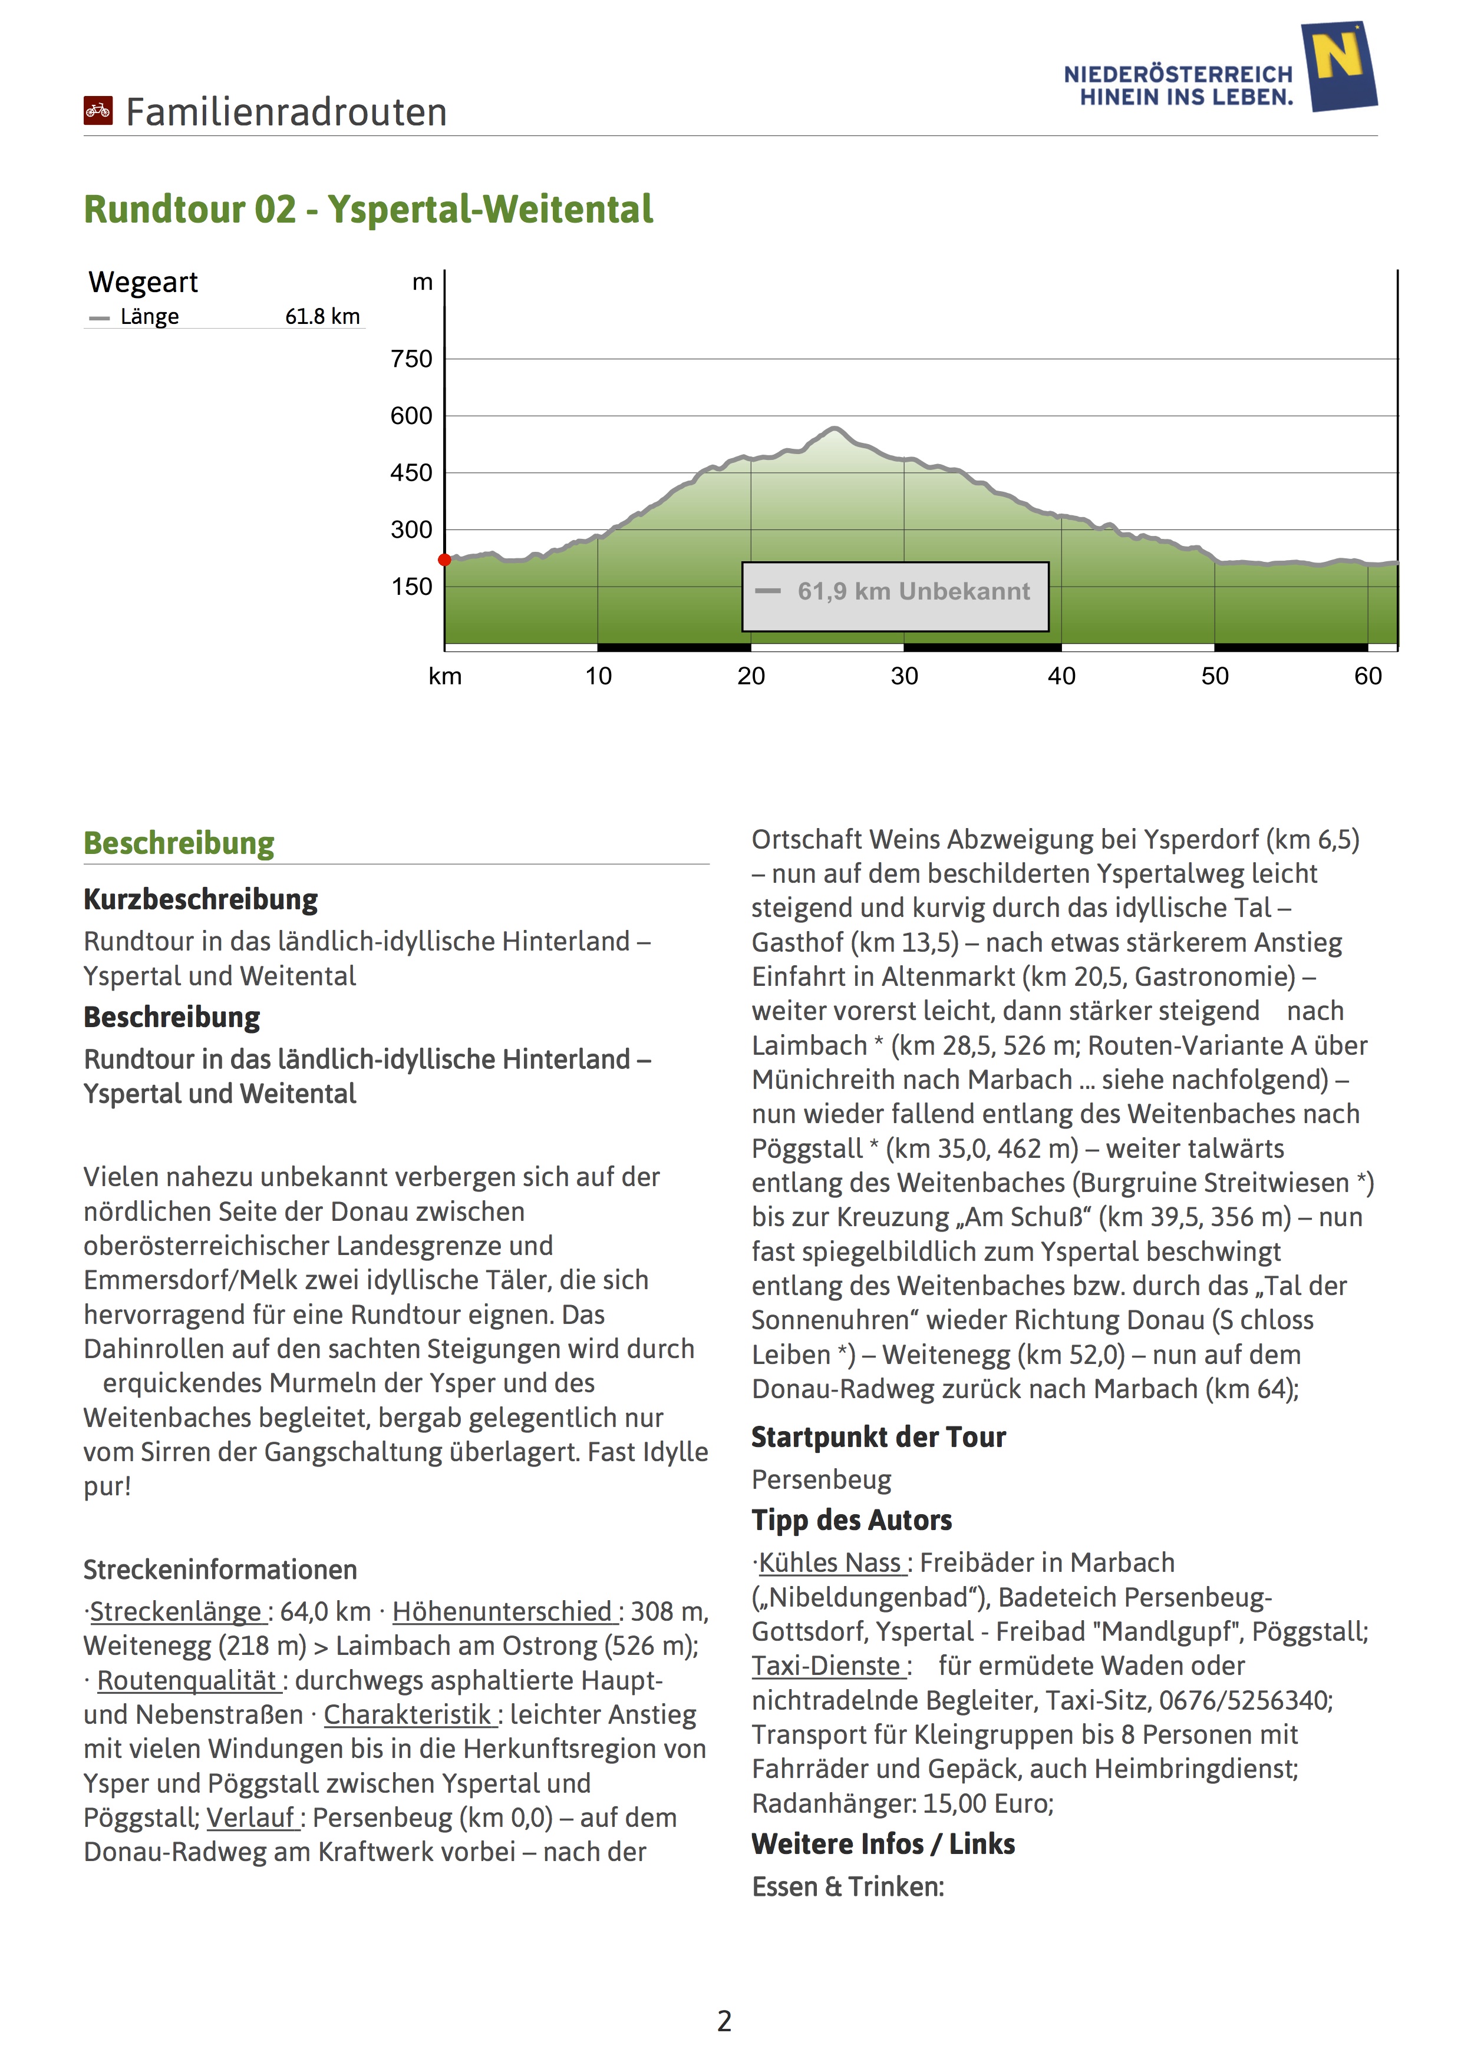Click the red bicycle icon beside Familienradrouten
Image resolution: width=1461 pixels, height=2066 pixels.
[98, 111]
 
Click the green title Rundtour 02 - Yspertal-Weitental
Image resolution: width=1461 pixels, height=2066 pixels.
[368, 210]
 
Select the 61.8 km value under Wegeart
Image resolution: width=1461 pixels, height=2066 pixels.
[322, 317]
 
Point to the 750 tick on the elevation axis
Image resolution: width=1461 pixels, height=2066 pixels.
[411, 359]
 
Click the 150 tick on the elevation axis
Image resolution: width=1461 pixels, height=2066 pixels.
[411, 587]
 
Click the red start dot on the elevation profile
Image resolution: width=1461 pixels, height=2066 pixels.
[445, 559]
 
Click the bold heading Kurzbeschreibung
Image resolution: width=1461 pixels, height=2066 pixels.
[201, 899]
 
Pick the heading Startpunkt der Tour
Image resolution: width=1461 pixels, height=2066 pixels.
[879, 1437]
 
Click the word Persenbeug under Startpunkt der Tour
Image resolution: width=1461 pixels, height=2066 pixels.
[821, 1479]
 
